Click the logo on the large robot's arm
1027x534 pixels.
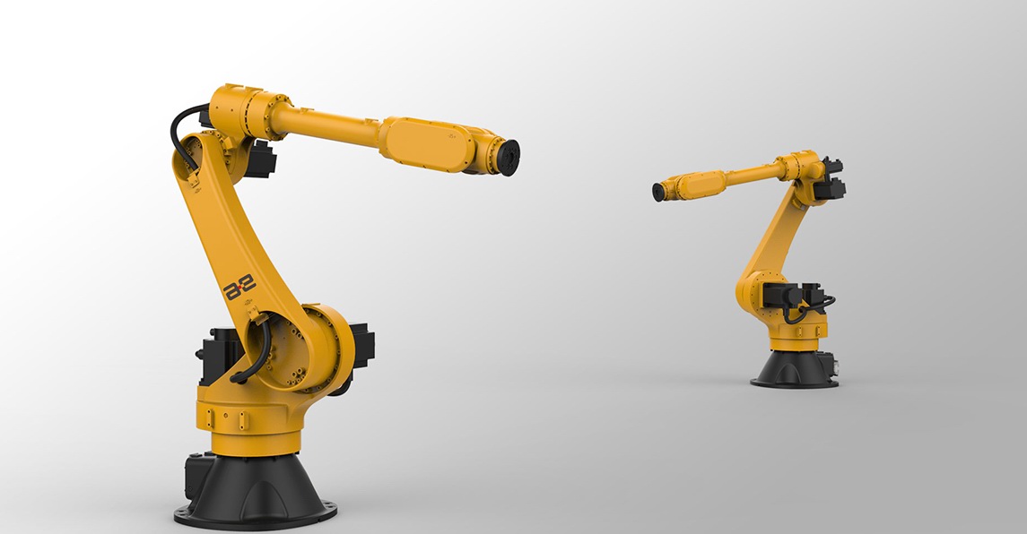[239, 288]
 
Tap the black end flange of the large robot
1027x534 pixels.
[509, 157]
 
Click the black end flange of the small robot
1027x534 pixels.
[658, 192]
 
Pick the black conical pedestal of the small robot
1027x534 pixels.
[795, 369]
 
